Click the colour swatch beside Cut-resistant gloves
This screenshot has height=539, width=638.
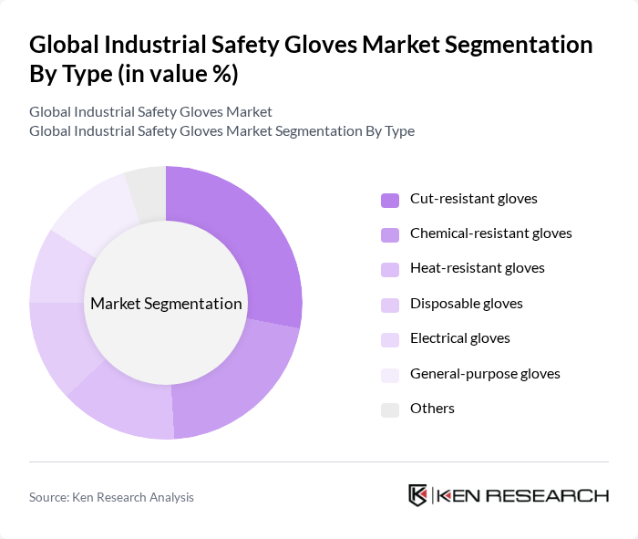(x=390, y=199)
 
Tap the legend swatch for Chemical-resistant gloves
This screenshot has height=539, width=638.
(x=390, y=233)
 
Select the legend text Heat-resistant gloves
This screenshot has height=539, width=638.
(x=477, y=268)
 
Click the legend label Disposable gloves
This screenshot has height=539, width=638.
(x=466, y=303)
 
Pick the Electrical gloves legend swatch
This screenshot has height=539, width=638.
(x=390, y=338)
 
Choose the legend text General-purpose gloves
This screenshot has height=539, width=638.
(x=485, y=373)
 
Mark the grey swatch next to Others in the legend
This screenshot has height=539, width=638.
(x=390, y=409)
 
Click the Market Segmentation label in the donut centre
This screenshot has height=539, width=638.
(x=166, y=304)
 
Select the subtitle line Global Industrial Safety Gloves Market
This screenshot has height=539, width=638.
(x=150, y=112)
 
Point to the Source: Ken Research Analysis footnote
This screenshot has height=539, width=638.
(x=111, y=497)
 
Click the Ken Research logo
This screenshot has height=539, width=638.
(x=509, y=495)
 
